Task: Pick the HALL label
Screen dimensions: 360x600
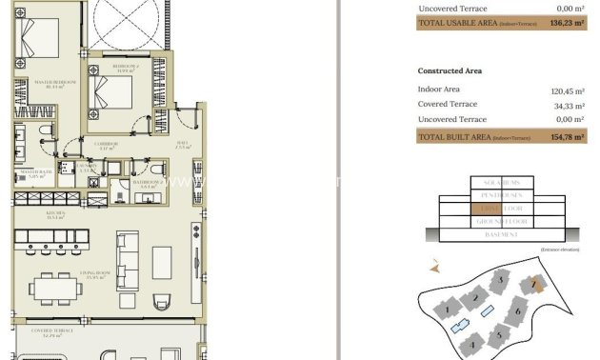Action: point(183,146)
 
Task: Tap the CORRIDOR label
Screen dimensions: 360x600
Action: point(108,146)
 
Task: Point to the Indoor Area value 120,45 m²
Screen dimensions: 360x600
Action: point(567,90)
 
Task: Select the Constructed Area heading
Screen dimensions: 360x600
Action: point(450,70)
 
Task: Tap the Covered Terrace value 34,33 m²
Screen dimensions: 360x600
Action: point(569,105)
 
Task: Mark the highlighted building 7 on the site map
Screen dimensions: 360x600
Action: point(536,284)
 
